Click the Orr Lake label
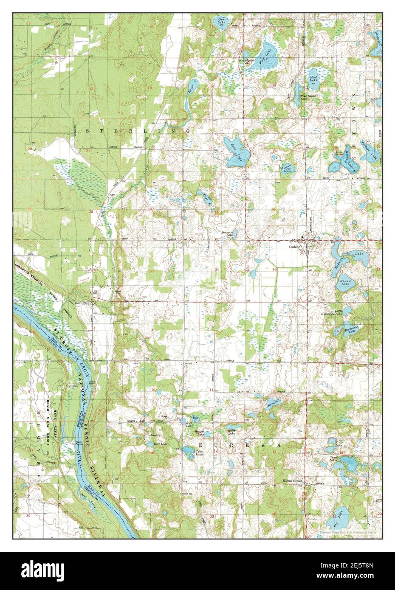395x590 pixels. pos(221,20)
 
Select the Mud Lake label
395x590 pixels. pos(313,78)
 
